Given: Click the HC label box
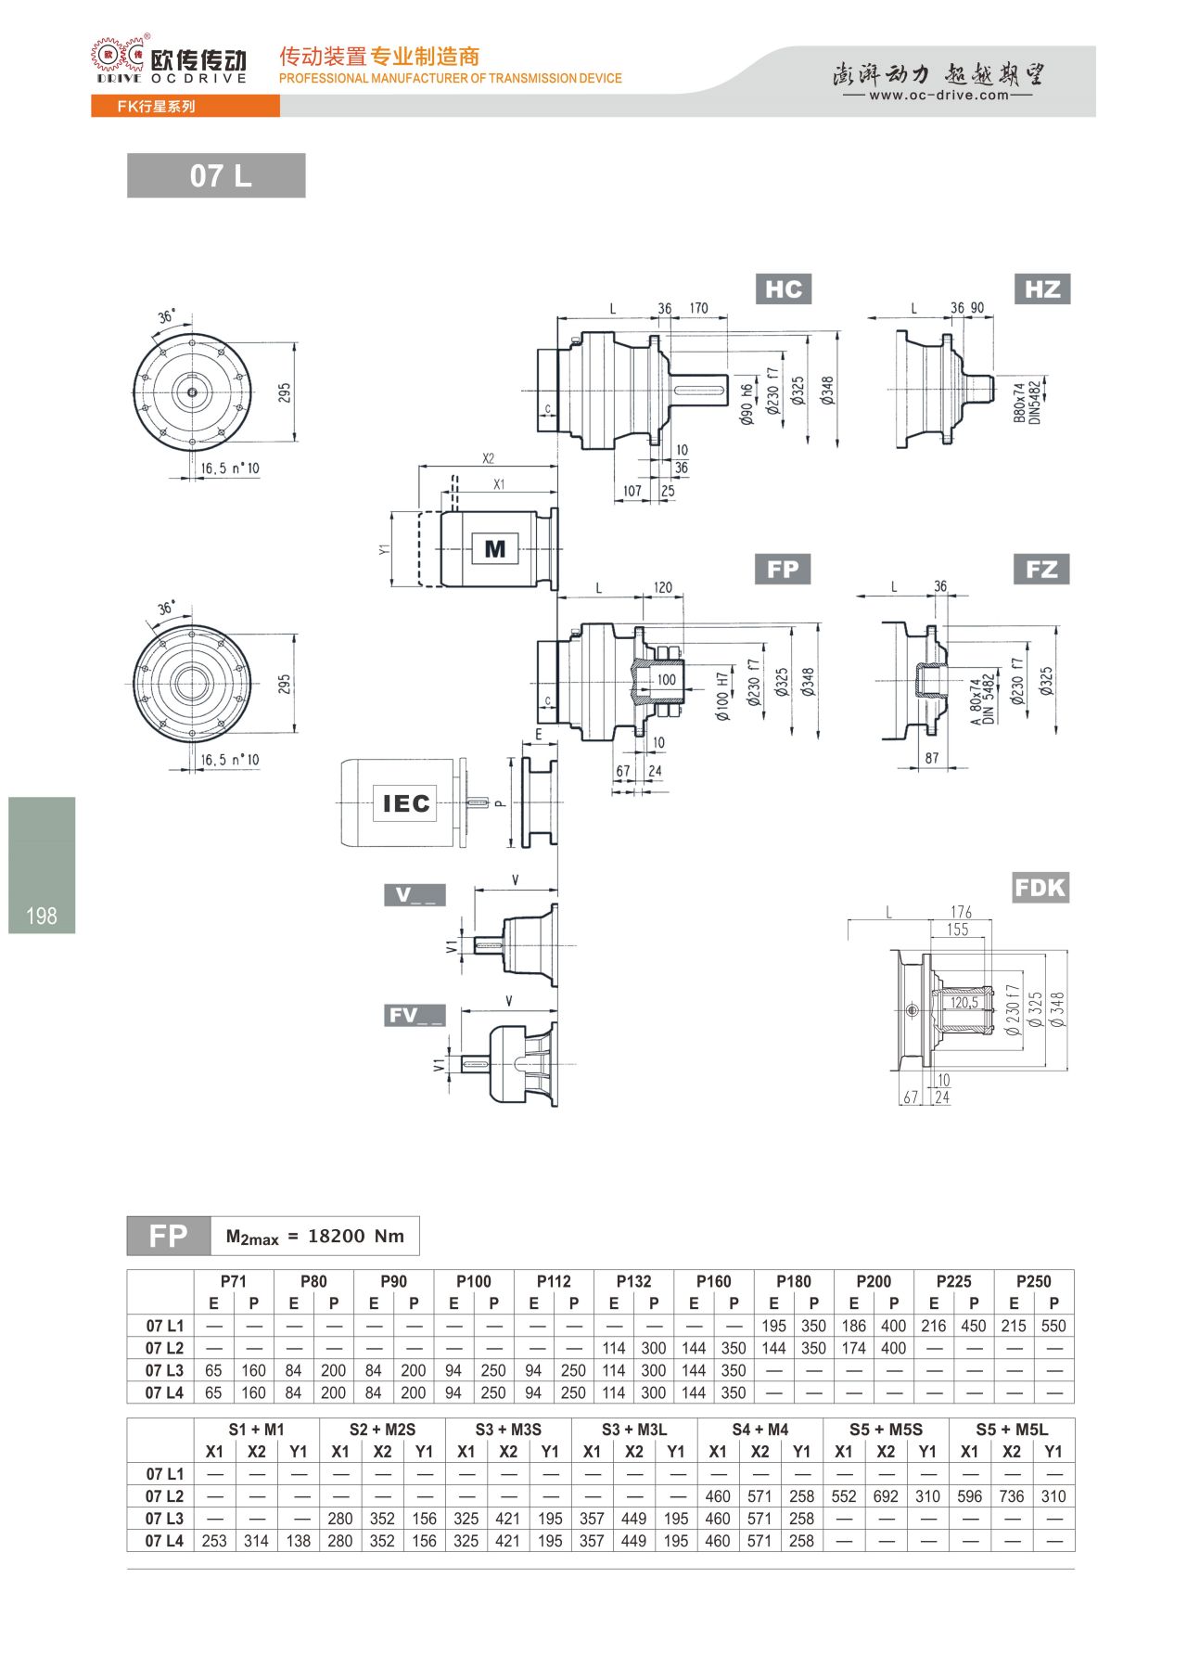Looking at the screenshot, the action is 784,289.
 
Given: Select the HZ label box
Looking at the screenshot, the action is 1042,289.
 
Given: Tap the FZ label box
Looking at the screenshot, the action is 1041,569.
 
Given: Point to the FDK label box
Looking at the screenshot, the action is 1040,888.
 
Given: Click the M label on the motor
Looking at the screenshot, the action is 495,549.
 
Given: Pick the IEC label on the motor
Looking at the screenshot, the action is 406,802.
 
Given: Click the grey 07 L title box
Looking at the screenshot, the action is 216,175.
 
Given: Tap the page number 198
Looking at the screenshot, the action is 42,917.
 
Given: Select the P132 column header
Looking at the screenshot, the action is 633,1281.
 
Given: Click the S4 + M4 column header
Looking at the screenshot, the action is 759,1430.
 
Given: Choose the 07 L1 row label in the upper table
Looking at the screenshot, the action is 164,1326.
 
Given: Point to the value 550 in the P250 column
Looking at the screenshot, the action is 1053,1326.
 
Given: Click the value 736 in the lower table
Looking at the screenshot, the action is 1012,1496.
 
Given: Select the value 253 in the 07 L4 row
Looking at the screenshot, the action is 214,1541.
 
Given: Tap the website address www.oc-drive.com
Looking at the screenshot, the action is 938,95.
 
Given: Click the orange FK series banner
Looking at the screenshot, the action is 185,107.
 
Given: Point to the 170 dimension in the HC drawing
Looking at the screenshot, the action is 698,308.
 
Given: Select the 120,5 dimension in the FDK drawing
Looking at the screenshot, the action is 964,1002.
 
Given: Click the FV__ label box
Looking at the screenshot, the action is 415,1016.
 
